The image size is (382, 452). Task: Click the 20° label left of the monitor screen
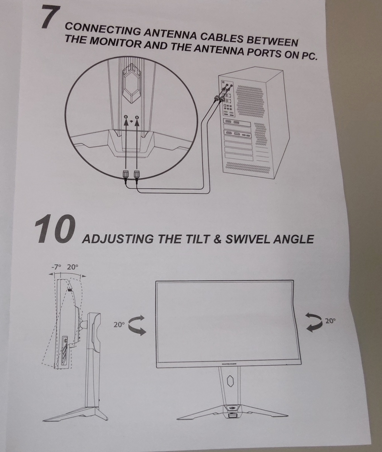[x=119, y=325]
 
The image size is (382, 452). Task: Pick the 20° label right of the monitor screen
[x=329, y=321]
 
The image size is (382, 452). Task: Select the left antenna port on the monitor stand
[x=126, y=118]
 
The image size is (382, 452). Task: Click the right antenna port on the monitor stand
[x=137, y=118]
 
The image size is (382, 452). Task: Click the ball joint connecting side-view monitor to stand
[x=82, y=323]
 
